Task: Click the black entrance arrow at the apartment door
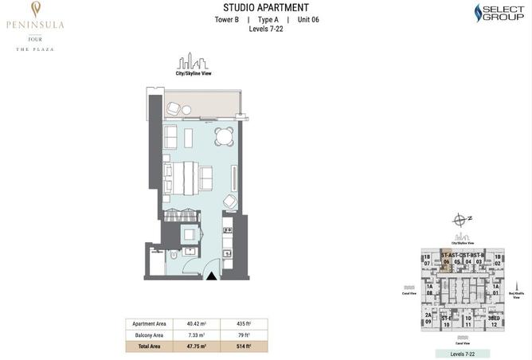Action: [213, 275]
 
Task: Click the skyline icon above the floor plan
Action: [192, 61]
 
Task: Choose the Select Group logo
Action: [499, 13]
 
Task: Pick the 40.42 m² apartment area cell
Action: [197, 324]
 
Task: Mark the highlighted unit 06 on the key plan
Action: [448, 260]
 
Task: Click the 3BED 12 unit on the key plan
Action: [495, 321]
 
